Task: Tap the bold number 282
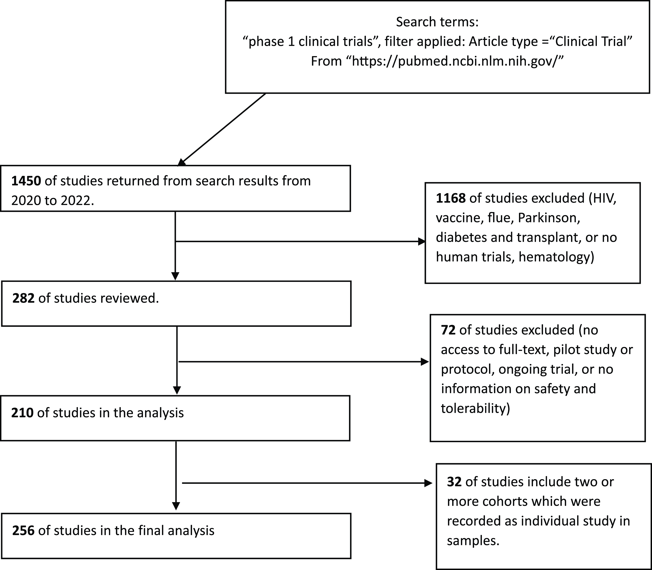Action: click(x=24, y=298)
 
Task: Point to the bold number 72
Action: click(x=448, y=330)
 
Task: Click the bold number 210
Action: click(x=22, y=413)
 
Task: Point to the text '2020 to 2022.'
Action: click(x=53, y=201)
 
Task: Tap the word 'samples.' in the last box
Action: click(x=473, y=541)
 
